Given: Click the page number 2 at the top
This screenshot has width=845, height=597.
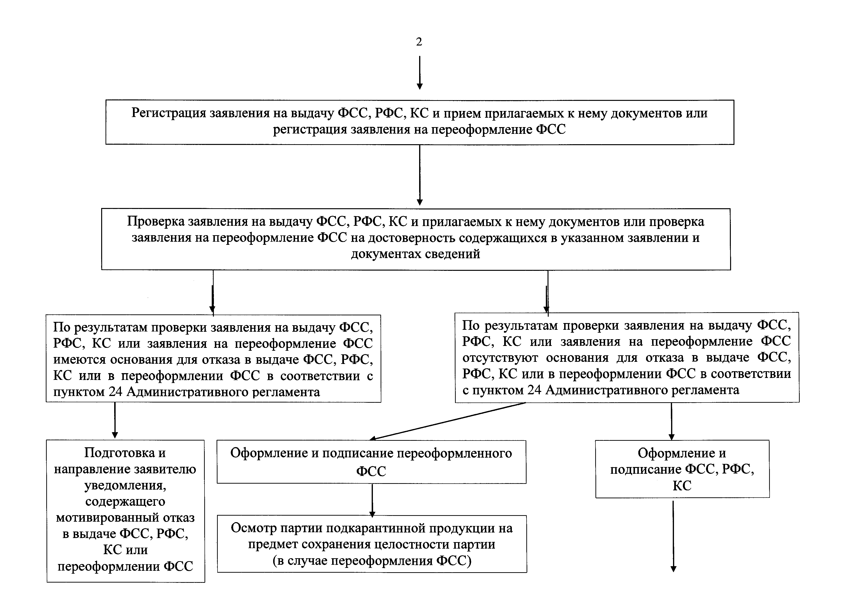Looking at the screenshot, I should click(419, 42).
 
